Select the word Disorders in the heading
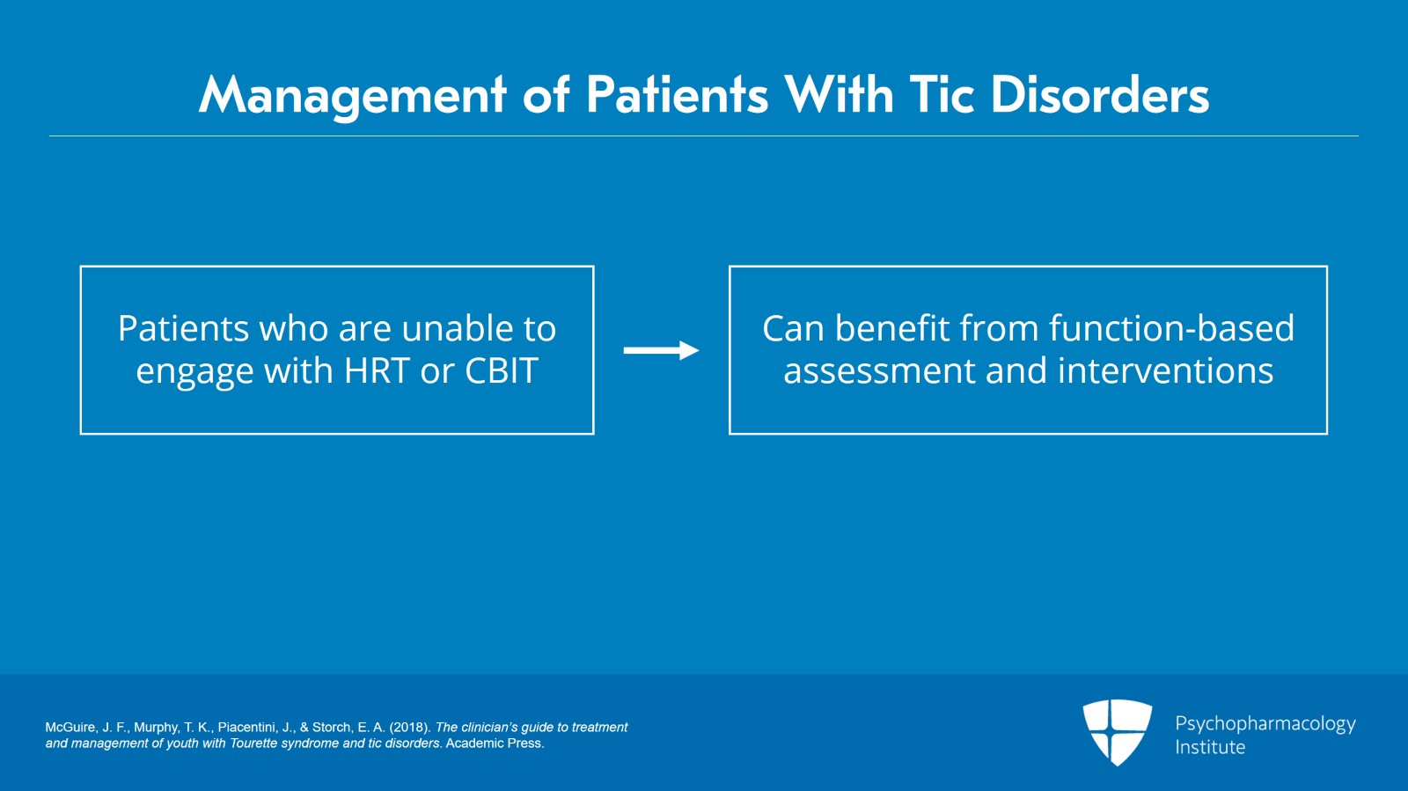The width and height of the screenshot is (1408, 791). pyautogui.click(x=1100, y=95)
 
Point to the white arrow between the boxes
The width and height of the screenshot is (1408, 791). pyautogui.click(x=661, y=351)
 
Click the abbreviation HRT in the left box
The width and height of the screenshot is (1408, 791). pyautogui.click(x=377, y=371)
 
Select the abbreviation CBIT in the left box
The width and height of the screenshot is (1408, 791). pyautogui.click(x=501, y=371)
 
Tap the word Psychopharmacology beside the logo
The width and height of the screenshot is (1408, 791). pyautogui.click(x=1265, y=724)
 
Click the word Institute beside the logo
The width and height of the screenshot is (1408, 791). pyautogui.click(x=1210, y=748)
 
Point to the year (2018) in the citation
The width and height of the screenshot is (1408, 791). pyautogui.click(x=410, y=728)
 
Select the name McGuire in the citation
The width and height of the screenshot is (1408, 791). pyautogui.click(x=70, y=728)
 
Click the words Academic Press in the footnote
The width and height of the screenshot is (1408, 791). pyautogui.click(x=494, y=743)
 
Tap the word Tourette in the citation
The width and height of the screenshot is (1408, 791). pyautogui.click(x=253, y=743)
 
